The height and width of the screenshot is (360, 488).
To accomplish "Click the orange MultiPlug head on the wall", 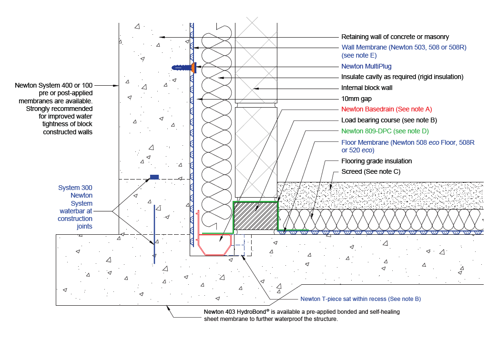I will pos(193,68).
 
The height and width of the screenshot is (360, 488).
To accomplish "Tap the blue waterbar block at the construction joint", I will pos(154,177).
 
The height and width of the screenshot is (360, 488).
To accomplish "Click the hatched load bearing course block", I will pos(255,216).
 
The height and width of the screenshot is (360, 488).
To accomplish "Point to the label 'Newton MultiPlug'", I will pos(366,67).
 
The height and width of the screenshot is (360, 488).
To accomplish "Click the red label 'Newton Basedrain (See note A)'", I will pos(386,109).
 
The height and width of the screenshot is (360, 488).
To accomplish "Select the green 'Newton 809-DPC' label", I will pos(386,130).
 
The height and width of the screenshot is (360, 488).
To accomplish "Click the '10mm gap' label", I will pos(357,99).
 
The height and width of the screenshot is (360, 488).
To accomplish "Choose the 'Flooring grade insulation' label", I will pos(376,161).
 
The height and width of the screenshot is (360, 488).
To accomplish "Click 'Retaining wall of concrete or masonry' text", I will pos(395,37).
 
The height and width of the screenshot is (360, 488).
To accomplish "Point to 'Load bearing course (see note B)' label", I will pos(389,120).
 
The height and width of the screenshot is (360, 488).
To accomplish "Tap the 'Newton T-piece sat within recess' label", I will pos(360,299).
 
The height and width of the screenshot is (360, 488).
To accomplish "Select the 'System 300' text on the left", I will pos(75,188).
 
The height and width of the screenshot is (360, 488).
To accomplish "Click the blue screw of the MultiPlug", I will pos(181,68).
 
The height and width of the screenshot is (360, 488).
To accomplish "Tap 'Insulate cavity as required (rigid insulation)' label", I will pos(402,77).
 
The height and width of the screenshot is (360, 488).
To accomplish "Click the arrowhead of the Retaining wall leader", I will pos(162,37).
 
